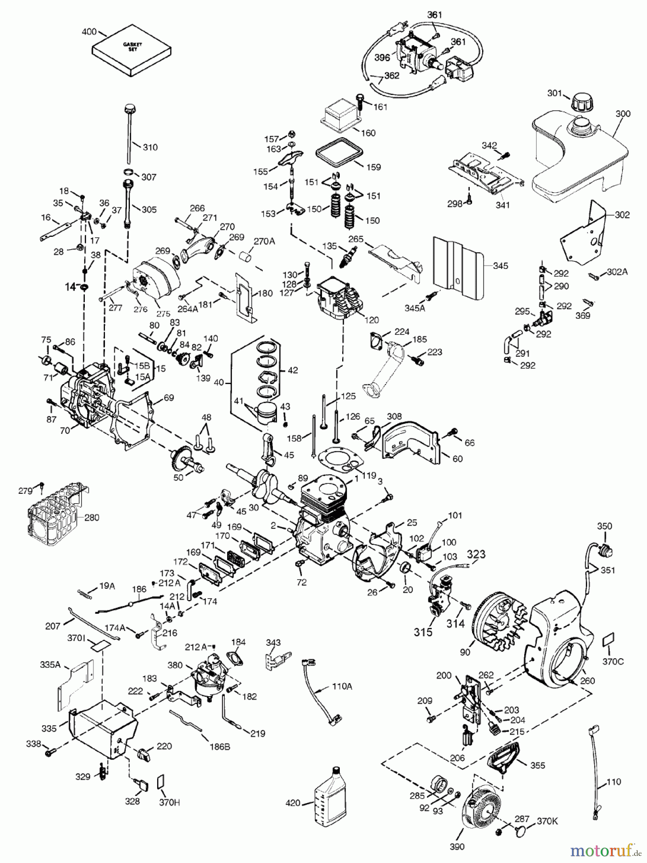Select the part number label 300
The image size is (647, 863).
(x=623, y=114)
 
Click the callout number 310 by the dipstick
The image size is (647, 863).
(x=150, y=147)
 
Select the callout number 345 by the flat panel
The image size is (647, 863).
(x=500, y=266)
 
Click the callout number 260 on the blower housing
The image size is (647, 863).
(x=587, y=680)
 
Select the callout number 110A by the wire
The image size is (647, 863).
(x=341, y=686)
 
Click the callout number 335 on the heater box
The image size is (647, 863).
(x=49, y=729)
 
